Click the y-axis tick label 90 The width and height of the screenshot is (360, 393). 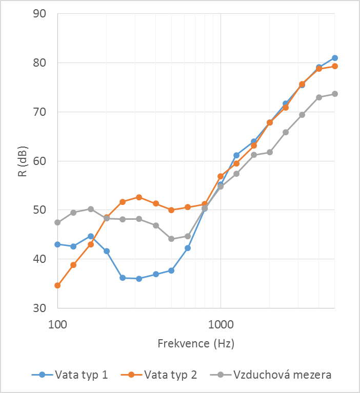[x=39, y=14]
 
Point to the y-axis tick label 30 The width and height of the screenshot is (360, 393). [x=39, y=308]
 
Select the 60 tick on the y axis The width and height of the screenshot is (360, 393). [x=39, y=161]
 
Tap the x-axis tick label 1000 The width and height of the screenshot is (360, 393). [x=221, y=325]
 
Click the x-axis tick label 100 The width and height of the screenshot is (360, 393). [x=57, y=325]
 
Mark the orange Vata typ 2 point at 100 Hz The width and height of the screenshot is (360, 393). [x=57, y=285]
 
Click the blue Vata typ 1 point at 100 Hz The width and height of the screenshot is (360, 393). [x=57, y=244]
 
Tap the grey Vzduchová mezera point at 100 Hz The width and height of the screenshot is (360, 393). [x=57, y=222]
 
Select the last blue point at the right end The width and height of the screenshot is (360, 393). [x=335, y=58]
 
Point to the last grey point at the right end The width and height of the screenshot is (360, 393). [x=335, y=94]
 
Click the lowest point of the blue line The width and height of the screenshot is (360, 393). [x=139, y=279]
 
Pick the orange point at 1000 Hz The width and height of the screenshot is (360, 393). [x=221, y=176]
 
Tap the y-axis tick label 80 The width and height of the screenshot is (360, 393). [x=39, y=63]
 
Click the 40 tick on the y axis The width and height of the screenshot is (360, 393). [x=39, y=259]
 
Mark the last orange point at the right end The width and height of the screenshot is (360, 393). [x=335, y=66]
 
